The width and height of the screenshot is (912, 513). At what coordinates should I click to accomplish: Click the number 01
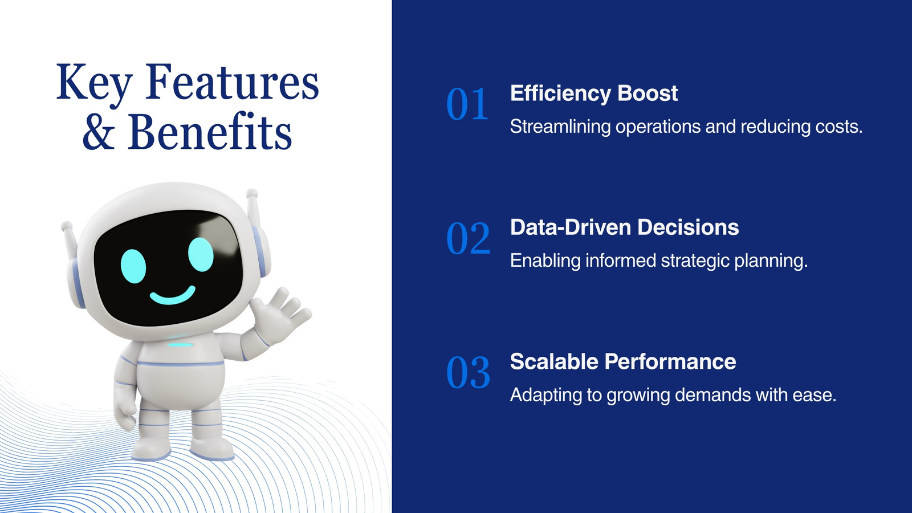click(x=467, y=104)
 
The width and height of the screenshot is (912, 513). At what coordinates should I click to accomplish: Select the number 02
click(x=468, y=238)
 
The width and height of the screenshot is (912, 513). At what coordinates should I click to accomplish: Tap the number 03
click(x=468, y=373)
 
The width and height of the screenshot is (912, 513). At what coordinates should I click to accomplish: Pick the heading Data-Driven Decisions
click(x=625, y=227)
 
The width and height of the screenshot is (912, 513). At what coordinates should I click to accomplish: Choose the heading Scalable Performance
click(x=623, y=361)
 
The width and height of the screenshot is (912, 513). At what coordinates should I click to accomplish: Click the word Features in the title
click(x=232, y=82)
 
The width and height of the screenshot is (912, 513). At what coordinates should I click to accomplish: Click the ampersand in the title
click(x=99, y=132)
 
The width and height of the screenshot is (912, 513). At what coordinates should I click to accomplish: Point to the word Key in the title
click(x=94, y=85)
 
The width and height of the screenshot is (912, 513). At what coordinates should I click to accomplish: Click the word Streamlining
click(x=560, y=127)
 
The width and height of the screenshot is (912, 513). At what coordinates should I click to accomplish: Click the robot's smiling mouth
click(x=173, y=296)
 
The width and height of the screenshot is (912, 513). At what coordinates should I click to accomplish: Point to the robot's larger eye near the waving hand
click(x=201, y=254)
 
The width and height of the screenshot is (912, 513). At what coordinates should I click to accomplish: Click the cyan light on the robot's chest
click(x=180, y=345)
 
